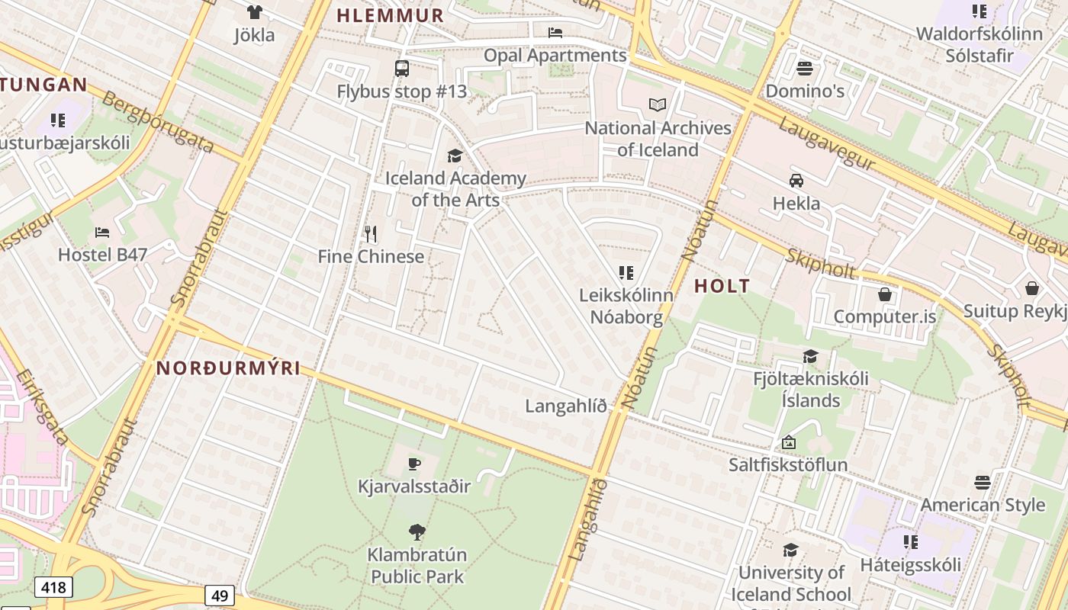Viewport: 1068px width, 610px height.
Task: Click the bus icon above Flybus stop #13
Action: pyautogui.click(x=402, y=69)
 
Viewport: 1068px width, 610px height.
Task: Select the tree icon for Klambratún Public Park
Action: pyautogui.click(x=417, y=532)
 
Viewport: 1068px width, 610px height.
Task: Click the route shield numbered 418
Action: pyautogui.click(x=53, y=587)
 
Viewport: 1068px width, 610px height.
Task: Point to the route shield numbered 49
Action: pyautogui.click(x=220, y=596)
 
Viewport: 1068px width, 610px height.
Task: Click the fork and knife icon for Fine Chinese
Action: pyautogui.click(x=371, y=233)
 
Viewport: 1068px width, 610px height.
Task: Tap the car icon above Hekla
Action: pyautogui.click(x=796, y=181)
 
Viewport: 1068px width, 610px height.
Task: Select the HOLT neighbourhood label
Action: pyautogui.click(x=722, y=287)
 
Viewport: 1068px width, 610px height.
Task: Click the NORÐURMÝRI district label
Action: pyautogui.click(x=228, y=368)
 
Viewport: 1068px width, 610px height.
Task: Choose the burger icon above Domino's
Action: pyautogui.click(x=805, y=69)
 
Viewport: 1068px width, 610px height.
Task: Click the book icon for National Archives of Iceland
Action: pyautogui.click(x=658, y=105)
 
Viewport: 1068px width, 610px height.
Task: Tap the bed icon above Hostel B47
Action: pyautogui.click(x=102, y=232)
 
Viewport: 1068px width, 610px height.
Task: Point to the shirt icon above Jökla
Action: pyautogui.click(x=254, y=12)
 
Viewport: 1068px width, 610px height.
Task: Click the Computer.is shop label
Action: pyautogui.click(x=884, y=316)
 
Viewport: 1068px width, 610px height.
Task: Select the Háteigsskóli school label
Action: pyautogui.click(x=910, y=565)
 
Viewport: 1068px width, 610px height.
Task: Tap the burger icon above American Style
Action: pyautogui.click(x=983, y=483)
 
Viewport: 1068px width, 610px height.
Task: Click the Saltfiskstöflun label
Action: pyautogui.click(x=788, y=464)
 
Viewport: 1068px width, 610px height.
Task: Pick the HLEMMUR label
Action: pyautogui.click(x=390, y=15)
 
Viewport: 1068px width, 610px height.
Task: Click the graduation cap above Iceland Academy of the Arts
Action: pyautogui.click(x=455, y=156)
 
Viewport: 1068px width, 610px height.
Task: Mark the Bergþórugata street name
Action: pyautogui.click(x=157, y=122)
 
